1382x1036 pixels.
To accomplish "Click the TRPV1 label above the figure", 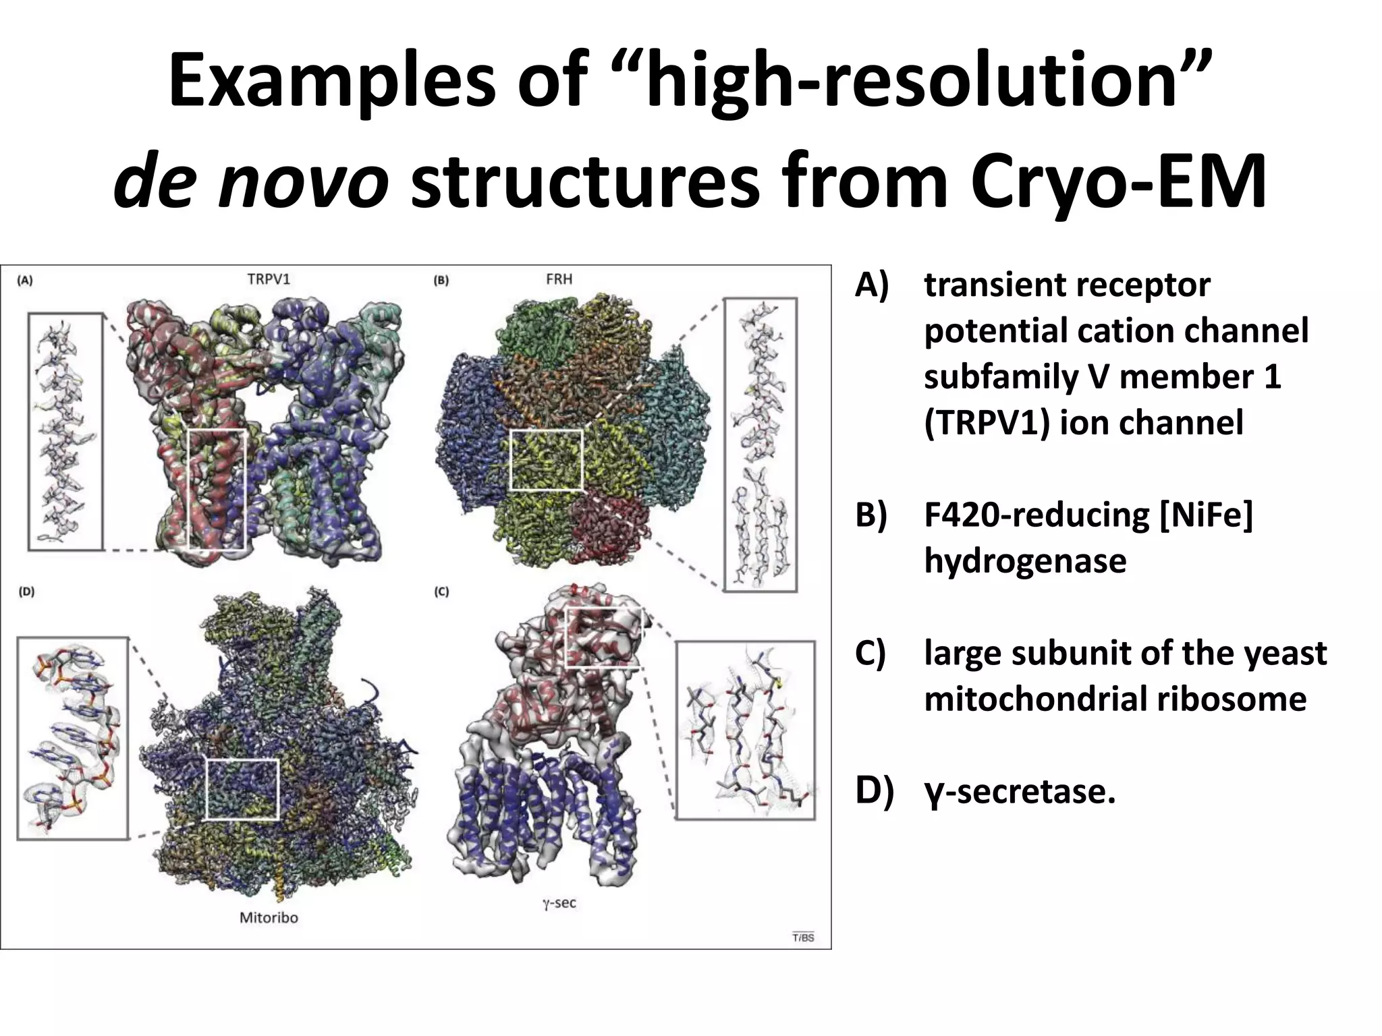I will [269, 279].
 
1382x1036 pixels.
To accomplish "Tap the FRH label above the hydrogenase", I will [559, 279].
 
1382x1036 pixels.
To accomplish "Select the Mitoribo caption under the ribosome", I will [269, 917].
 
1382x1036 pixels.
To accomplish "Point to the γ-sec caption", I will [559, 902].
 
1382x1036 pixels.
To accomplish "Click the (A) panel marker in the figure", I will [25, 281].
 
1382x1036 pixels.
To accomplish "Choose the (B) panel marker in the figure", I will [441, 281].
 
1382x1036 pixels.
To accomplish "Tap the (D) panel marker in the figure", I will [26, 592].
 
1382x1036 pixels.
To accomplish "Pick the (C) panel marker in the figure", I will [441, 592].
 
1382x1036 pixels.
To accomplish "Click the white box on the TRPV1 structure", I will [217, 490].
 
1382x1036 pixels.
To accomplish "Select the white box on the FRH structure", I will [546, 460].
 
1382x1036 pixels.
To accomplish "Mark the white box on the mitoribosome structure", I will [242, 789].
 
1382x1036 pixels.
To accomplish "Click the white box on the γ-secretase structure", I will [603, 637].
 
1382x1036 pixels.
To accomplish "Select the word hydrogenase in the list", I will [1025, 560].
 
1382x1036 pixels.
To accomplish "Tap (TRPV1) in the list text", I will [987, 423].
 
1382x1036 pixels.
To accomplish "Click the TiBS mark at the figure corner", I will [803, 938].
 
